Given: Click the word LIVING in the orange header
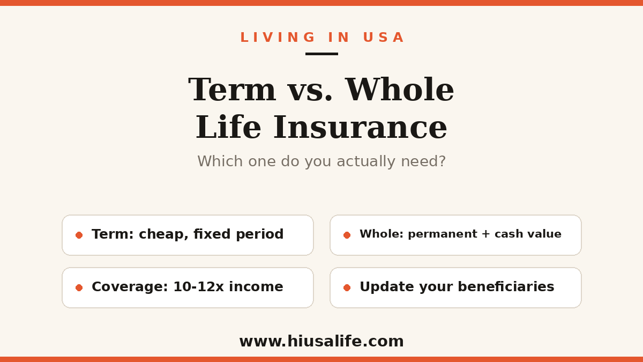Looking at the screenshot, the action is tap(278, 38).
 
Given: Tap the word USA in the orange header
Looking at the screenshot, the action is tap(384, 38).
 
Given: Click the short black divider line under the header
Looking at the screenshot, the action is tap(322, 54).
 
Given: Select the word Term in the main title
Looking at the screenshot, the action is tap(232, 90).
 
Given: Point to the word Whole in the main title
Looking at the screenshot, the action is tap(400, 89).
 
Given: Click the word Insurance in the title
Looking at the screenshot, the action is tap(360, 127).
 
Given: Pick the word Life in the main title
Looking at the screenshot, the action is tap(228, 127).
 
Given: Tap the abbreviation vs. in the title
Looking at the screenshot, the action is tap(310, 92).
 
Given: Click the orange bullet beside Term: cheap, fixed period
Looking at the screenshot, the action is tap(79, 235).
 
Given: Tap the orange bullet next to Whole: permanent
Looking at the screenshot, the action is tap(347, 235).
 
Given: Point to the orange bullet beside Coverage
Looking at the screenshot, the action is tap(79, 287).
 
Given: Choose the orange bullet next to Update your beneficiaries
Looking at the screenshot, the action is tap(347, 287).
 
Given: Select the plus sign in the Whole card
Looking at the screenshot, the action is tap(485, 234).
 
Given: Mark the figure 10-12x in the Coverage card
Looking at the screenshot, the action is tap(198, 287).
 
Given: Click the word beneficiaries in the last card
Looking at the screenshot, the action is tap(506, 286).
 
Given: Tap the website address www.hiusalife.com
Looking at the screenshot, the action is tap(322, 341).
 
